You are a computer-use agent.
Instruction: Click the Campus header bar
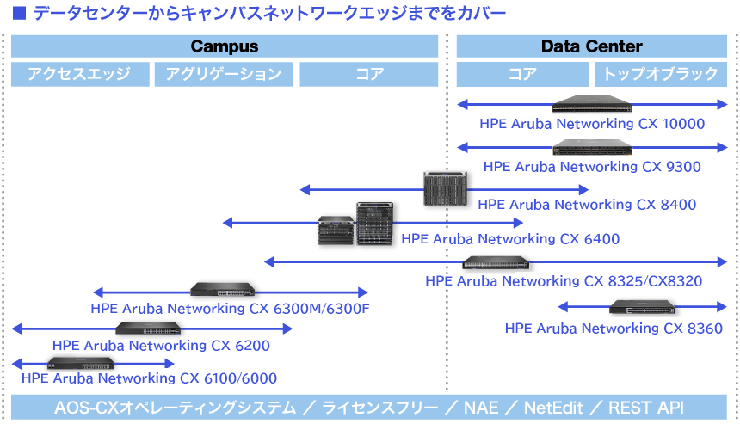[224, 46]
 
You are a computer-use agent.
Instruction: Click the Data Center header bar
[591, 46]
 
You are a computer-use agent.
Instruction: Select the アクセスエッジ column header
[78, 75]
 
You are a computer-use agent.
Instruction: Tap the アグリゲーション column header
[224, 75]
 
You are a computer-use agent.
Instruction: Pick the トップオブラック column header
[661, 75]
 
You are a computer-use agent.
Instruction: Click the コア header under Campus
[369, 75]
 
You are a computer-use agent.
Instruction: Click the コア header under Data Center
[522, 75]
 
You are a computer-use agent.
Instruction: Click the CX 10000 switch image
[591, 104]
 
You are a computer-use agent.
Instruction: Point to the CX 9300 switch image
[591, 146]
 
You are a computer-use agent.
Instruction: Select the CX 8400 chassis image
[446, 187]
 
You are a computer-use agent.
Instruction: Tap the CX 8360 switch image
[643, 307]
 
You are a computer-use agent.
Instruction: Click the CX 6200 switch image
[148, 328]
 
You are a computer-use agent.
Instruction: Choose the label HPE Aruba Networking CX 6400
[510, 239]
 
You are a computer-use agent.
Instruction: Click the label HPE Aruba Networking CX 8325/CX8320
[564, 280]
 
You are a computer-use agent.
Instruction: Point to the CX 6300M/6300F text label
[230, 309]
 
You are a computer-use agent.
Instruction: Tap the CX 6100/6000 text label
[149, 378]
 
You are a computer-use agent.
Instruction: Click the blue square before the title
[18, 13]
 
